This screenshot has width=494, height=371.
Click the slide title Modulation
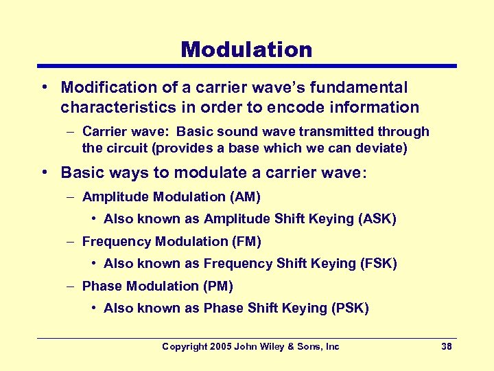(x=246, y=49)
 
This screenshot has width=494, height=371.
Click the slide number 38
(x=446, y=347)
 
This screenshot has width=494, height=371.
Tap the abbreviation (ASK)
(x=377, y=219)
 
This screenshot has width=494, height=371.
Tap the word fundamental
(x=364, y=88)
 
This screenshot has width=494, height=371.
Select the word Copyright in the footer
(x=184, y=347)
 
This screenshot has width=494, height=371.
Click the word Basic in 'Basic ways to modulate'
(x=80, y=172)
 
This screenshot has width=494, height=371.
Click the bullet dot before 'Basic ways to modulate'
(x=43, y=172)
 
